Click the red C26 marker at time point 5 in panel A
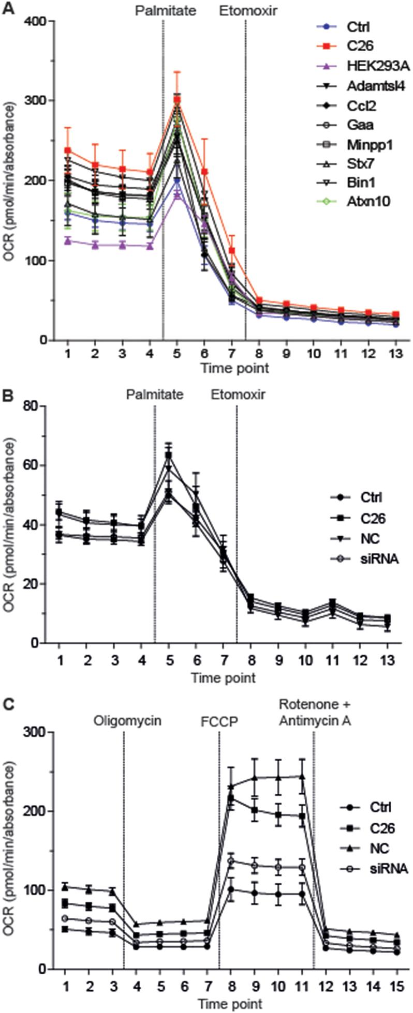click(177, 100)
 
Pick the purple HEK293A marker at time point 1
click(67, 240)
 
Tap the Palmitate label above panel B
click(155, 395)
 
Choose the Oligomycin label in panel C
click(127, 720)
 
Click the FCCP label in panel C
click(219, 720)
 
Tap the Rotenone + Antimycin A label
click(315, 712)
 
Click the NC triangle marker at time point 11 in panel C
click(301, 776)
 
